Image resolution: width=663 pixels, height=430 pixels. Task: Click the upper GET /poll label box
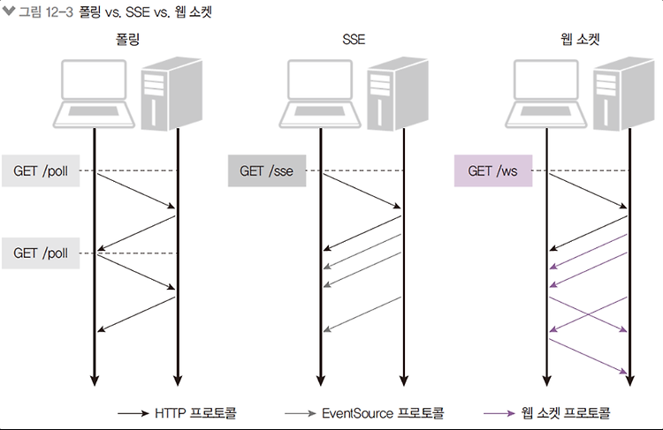[x=41, y=170]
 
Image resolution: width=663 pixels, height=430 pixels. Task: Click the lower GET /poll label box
[x=41, y=253]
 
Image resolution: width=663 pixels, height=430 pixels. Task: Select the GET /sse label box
[x=267, y=170]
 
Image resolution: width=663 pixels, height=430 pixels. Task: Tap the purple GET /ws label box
[x=493, y=170]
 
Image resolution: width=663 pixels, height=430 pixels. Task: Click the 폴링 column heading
[x=127, y=39]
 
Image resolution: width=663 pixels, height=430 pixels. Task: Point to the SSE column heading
[x=354, y=39]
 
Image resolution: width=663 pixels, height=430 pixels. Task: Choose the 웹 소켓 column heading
[x=580, y=39]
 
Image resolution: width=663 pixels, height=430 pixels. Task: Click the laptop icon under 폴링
[x=94, y=94]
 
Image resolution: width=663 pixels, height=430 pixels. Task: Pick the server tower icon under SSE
[x=398, y=94]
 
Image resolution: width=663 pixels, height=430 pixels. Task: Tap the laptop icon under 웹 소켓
[x=546, y=94]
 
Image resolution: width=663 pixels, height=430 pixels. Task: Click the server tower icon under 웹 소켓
[x=624, y=94]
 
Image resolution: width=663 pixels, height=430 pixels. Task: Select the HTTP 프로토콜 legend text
[x=195, y=412]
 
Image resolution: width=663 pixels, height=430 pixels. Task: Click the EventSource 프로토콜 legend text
[x=383, y=412]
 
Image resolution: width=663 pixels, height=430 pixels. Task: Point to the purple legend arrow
[x=499, y=413]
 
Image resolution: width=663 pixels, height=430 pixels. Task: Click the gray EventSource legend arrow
[x=301, y=413]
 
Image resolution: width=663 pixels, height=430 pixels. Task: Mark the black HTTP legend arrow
[x=133, y=413]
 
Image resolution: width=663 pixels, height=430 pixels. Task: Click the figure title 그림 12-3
[x=47, y=11]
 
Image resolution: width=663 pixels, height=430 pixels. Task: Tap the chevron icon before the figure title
[x=9, y=11]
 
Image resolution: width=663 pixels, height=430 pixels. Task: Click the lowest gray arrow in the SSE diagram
[x=362, y=314]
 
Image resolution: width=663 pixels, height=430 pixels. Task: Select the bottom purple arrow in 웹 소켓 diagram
[x=588, y=356]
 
